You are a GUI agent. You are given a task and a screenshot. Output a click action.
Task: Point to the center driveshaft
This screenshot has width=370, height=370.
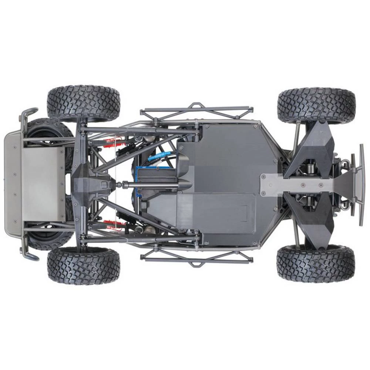pyautogui.click(x=148, y=184)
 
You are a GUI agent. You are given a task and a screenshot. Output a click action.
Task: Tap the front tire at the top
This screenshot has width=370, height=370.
pyautogui.click(x=316, y=105)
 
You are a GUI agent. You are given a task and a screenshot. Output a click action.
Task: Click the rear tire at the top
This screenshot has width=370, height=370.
pyautogui.click(x=84, y=103)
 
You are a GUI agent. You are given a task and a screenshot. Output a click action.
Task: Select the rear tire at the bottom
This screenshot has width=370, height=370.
pyautogui.click(x=84, y=265)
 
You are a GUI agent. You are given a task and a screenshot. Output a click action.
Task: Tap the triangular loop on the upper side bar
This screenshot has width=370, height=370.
pyautogui.click(x=196, y=106)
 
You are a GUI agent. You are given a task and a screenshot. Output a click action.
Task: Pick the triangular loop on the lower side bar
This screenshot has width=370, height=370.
pyautogui.click(x=196, y=262)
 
